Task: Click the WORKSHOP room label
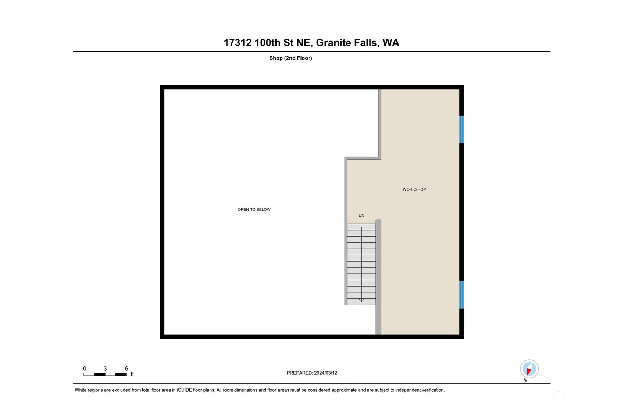tap(414, 189)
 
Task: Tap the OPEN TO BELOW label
tap(254, 210)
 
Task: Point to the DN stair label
tap(361, 216)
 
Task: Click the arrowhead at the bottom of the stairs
tap(361, 301)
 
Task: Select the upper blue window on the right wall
tap(461, 129)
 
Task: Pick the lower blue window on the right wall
tap(461, 295)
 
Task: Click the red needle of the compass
tap(529, 371)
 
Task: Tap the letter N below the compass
tap(525, 380)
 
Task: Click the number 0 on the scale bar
tap(85, 369)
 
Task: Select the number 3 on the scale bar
tap(105, 369)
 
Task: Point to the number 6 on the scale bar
tap(126, 369)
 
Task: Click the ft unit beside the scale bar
tap(132, 374)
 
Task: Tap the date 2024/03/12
tap(325, 373)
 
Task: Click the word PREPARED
tap(299, 373)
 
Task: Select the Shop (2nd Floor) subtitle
tap(290, 58)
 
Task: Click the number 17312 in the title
tap(238, 43)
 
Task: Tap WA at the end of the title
tap(391, 43)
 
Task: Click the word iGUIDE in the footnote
tap(184, 390)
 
